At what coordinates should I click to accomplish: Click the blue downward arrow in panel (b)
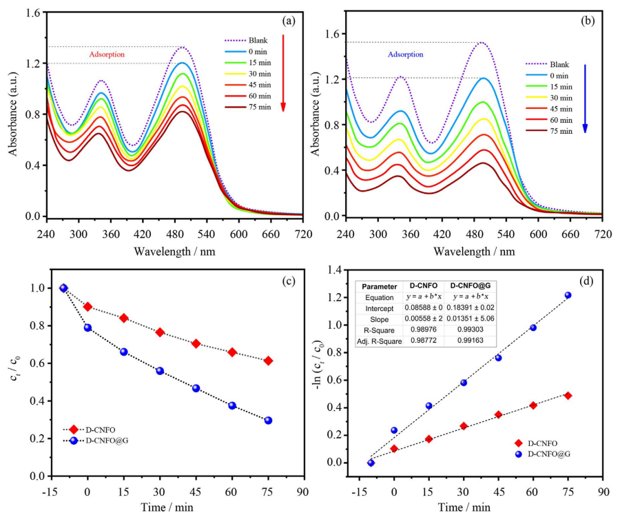point(584,97)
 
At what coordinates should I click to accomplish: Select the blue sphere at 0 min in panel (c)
point(87,327)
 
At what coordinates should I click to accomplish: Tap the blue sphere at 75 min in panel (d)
point(568,295)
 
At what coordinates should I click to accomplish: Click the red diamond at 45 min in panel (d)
point(498,414)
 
